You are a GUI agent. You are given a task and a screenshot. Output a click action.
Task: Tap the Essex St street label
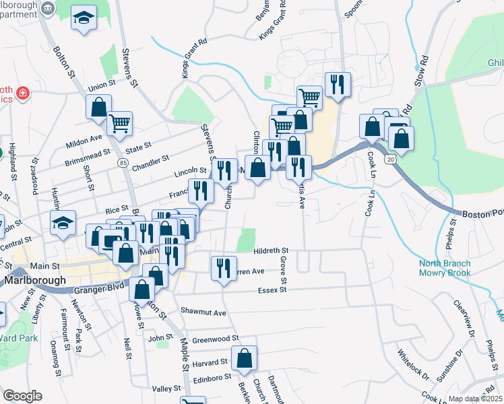click(x=272, y=290)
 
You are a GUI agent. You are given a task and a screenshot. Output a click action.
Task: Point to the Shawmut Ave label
click(x=203, y=312)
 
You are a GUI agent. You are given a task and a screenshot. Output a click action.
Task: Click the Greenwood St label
click(x=216, y=339)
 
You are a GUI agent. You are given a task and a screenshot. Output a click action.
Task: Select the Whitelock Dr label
click(x=412, y=364)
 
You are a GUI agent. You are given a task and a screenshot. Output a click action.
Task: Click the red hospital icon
click(x=23, y=92)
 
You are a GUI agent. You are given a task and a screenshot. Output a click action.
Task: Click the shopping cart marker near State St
click(x=120, y=123)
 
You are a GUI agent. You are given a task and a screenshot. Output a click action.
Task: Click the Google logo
click(x=23, y=396)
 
